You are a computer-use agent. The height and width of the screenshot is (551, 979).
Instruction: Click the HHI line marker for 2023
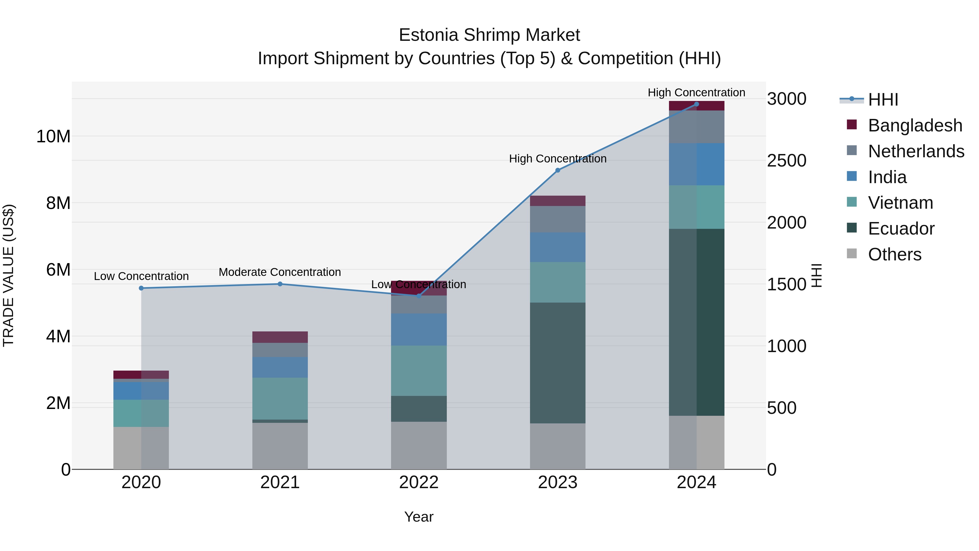557,170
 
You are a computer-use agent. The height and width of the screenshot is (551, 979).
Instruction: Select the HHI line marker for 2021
280,284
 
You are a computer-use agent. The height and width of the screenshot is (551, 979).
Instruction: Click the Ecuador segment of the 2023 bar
557,363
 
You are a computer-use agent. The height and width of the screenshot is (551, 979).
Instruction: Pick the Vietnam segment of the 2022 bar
419,371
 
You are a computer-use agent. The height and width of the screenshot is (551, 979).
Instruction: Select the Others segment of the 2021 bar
280,446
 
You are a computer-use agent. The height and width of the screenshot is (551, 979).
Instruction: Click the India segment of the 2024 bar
697,164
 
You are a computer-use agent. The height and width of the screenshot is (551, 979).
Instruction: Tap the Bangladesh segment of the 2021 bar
280,337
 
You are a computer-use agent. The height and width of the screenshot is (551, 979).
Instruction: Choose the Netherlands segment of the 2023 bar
557,219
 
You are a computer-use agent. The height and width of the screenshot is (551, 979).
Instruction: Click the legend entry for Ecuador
901,229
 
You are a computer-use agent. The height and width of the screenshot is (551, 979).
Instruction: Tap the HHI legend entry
883,100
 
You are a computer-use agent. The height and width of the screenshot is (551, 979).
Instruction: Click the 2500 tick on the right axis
786,161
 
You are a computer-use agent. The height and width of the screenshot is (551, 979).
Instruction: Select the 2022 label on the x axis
419,482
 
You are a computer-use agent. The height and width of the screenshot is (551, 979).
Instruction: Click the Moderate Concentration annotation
280,272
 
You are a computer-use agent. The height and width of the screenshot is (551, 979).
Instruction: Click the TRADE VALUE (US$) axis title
8,275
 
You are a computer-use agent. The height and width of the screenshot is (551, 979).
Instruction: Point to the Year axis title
419,517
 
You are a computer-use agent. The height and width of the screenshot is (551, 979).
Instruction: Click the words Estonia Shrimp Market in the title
489,35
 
